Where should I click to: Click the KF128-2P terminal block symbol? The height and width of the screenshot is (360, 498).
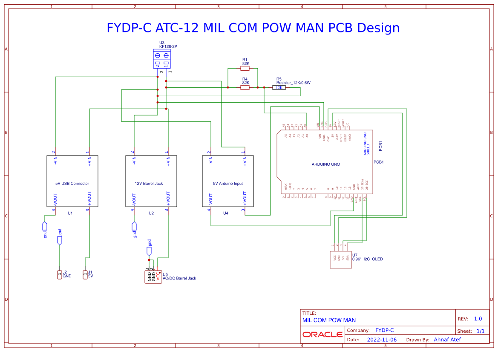tap(162, 59)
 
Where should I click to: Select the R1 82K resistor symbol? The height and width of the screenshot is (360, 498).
tap(245, 68)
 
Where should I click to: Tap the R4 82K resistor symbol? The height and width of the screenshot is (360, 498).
tap(245, 87)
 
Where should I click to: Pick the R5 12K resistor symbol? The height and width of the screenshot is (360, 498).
tap(279, 87)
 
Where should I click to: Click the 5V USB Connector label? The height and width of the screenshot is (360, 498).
tap(72, 184)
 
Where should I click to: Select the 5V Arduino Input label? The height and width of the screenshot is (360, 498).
tap(228, 184)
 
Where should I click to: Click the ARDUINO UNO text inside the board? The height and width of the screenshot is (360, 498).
tap(326, 164)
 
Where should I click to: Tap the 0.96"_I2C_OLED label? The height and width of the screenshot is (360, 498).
tap(368, 259)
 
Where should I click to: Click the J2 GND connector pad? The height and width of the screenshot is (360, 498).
tap(60, 275)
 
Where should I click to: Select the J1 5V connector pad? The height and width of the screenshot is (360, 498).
tap(85, 275)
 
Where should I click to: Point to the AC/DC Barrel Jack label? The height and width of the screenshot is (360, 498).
tap(179, 278)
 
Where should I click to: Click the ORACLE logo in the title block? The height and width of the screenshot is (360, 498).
tap(322, 334)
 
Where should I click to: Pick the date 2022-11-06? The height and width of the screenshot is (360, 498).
tap(382, 340)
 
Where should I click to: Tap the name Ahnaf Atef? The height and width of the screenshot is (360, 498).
tap(447, 340)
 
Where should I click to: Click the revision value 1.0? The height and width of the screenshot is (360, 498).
tap(478, 319)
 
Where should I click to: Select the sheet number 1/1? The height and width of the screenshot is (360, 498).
tap(480, 331)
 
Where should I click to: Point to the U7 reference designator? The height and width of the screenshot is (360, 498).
tap(355, 255)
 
